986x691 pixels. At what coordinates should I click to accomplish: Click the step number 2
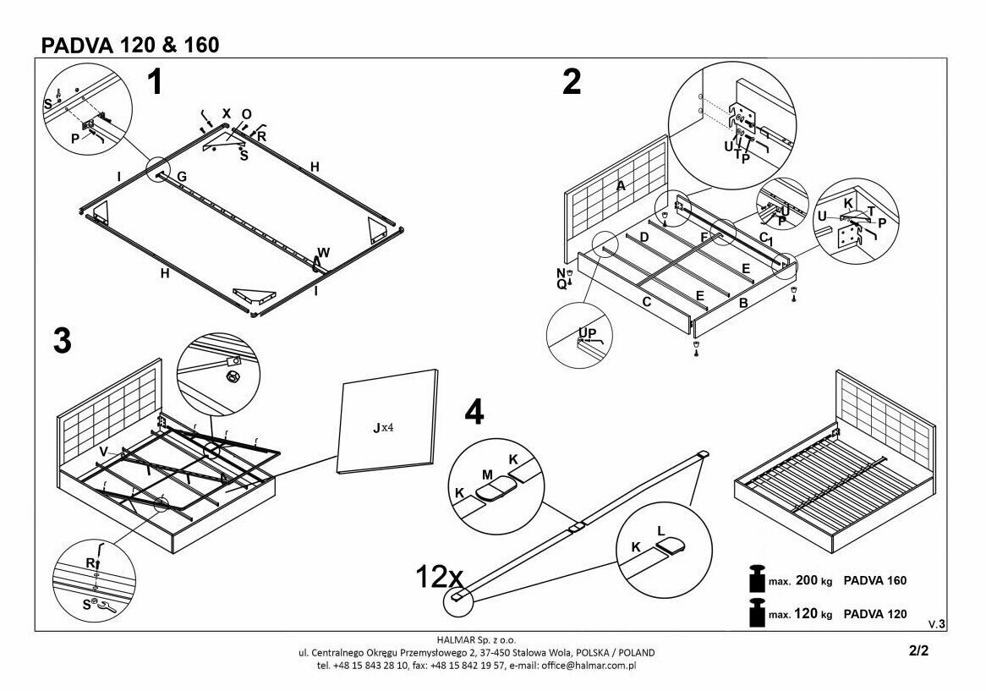point(572,82)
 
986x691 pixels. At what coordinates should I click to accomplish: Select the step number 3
point(62,340)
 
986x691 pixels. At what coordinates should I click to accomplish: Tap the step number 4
point(474,412)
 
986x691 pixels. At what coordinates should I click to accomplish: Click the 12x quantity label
point(439,578)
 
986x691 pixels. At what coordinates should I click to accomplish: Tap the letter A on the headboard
point(622,186)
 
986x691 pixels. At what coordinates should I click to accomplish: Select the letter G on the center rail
point(181,177)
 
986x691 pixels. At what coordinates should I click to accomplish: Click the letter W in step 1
point(323,252)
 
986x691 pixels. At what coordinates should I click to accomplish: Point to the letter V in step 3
point(103,452)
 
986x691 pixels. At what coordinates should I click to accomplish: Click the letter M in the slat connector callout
point(487,475)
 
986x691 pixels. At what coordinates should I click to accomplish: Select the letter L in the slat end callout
point(660,530)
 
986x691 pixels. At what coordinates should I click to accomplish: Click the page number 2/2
point(918,651)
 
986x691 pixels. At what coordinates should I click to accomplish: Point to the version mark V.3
point(936,623)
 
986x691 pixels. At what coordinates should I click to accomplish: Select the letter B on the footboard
point(742,302)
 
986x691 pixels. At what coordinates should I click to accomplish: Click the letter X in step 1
point(226,112)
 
